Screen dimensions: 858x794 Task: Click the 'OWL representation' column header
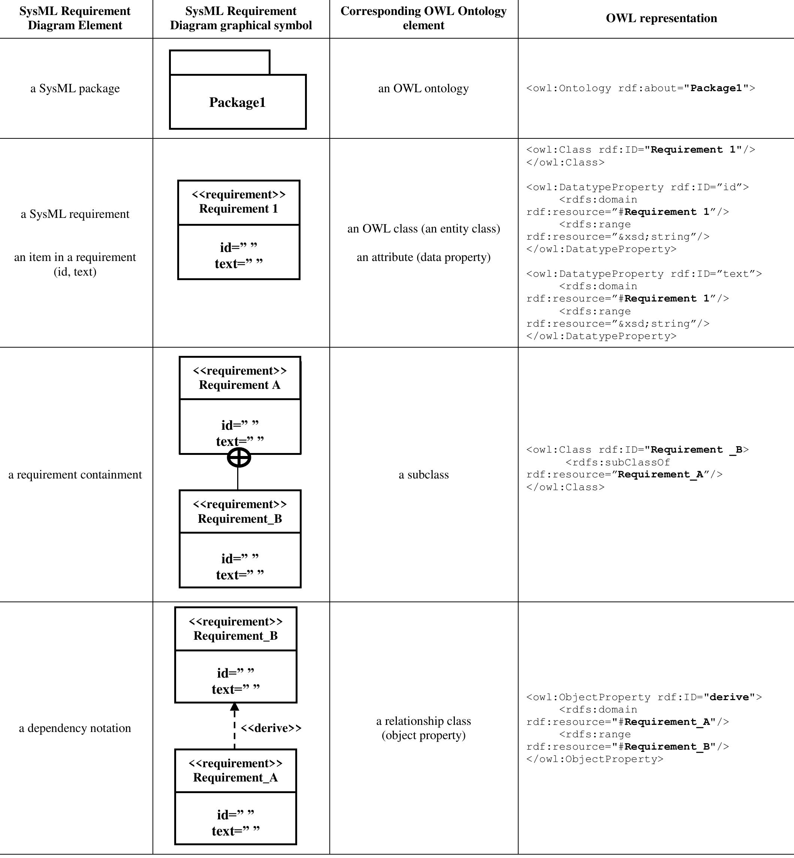661,18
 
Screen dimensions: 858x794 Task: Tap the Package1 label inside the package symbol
237,102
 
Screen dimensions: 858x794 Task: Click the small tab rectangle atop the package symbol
220,62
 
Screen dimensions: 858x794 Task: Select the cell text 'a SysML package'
75,88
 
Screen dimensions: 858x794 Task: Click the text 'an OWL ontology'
423,88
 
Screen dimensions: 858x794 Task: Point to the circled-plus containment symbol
238,457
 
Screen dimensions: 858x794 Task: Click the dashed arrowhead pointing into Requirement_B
235,706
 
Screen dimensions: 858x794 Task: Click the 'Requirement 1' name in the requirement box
238,208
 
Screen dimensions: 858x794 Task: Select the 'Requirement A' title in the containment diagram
239,384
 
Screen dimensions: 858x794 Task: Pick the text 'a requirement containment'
75,474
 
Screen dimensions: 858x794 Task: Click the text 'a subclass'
423,474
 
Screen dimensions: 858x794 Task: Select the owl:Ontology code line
640,88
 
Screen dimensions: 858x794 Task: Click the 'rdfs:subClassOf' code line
618,462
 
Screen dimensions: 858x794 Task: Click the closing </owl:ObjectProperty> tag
595,759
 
